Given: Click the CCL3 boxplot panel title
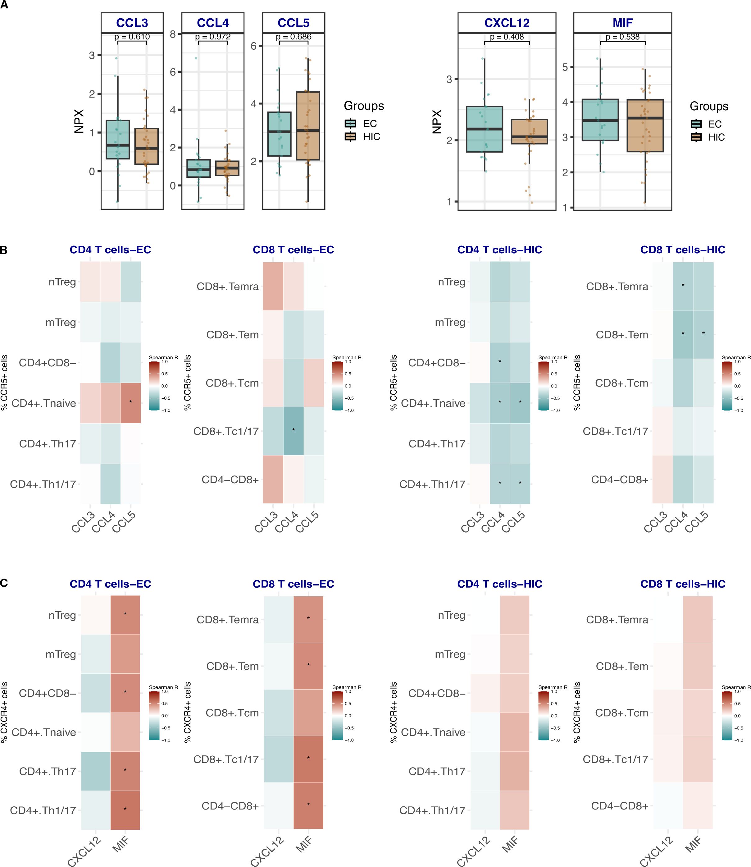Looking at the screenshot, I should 132,23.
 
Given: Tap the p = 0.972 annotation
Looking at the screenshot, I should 212,37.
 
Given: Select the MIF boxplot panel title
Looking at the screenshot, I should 622,23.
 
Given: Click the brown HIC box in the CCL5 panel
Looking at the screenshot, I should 308,126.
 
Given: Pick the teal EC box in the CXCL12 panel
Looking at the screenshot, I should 485,129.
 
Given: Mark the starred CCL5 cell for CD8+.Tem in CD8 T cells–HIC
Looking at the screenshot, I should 703,334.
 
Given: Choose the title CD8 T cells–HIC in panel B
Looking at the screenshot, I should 683,250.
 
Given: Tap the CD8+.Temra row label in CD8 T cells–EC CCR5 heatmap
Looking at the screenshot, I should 228,287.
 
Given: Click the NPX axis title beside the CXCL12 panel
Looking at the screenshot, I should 437,122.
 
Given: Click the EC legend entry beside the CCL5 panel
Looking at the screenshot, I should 370,124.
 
